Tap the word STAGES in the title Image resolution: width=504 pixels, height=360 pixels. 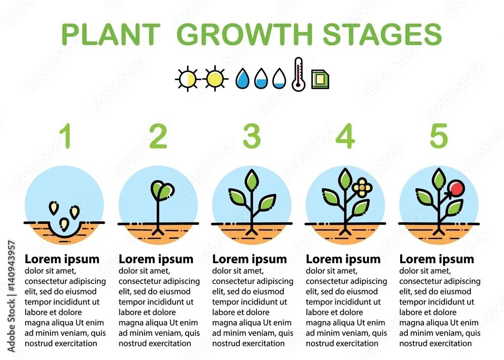coord(382,34)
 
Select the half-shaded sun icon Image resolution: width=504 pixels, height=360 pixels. coord(187,79)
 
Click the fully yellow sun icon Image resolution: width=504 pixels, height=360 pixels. coord(215,79)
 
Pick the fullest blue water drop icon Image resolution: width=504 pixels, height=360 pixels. coord(243,79)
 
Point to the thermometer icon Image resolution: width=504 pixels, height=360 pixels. coord(298,75)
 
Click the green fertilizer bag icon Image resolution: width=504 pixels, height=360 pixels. coord(320,79)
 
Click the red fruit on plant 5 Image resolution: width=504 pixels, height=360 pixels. coord(457,189)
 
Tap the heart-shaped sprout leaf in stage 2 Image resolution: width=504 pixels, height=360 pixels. coord(162,190)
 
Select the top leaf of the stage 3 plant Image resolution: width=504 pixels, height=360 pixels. coord(251,179)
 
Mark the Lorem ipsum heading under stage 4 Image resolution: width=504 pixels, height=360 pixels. coord(343,259)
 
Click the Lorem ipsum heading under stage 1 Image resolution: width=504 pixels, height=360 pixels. coord(62,259)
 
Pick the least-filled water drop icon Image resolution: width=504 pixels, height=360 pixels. coord(279,79)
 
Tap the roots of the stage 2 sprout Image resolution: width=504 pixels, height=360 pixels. coord(158,231)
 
